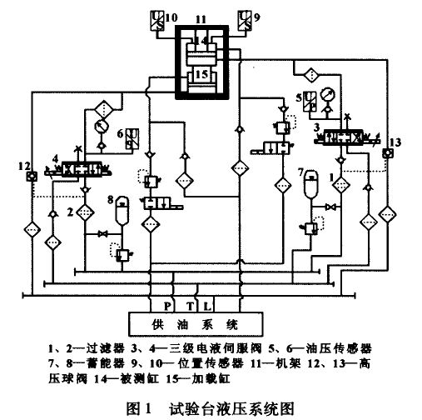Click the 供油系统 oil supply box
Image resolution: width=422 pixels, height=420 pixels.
pyautogui.click(x=196, y=324)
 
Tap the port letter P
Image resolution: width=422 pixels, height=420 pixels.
pyautogui.click(x=167, y=306)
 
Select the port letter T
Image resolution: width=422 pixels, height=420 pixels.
pyautogui.click(x=190, y=306)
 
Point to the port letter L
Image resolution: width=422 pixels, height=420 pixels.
pyautogui.click(x=207, y=306)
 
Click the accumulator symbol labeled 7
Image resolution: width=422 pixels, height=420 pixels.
pyautogui.click(x=311, y=184)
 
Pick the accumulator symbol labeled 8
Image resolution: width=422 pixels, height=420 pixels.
pyautogui.click(x=122, y=210)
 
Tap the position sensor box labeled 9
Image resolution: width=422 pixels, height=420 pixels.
pyautogui.click(x=245, y=20)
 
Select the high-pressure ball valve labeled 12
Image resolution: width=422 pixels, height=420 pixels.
pyautogui.click(x=32, y=176)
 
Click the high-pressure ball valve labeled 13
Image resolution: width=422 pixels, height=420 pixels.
pyautogui.click(x=387, y=153)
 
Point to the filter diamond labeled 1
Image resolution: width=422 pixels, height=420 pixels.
pyautogui.click(x=341, y=184)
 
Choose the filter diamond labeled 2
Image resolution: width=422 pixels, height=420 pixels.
pyautogui.click(x=85, y=212)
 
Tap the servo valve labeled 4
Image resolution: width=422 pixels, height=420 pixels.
pyautogui.click(x=79, y=169)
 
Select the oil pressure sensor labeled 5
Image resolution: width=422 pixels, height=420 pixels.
pyautogui.click(x=310, y=102)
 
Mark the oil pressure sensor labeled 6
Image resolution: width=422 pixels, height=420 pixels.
pyautogui.click(x=132, y=139)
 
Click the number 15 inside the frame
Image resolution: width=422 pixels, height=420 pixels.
pyautogui.click(x=201, y=74)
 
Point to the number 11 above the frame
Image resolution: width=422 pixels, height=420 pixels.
pyautogui.click(x=201, y=19)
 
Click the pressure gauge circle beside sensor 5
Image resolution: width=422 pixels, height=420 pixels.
pyautogui.click(x=327, y=95)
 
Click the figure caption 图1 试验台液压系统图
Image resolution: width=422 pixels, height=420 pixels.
pyautogui.click(x=211, y=408)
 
